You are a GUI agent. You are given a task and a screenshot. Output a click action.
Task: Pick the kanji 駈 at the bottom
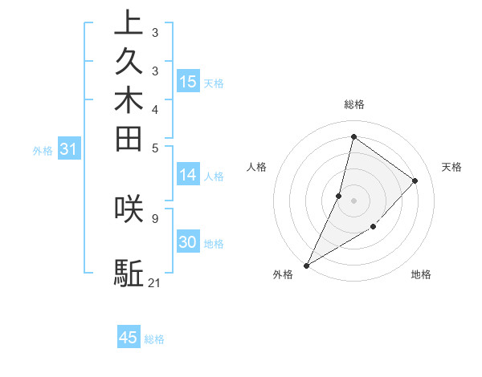[x=129, y=274]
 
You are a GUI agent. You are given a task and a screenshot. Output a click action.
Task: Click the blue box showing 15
[x=188, y=82]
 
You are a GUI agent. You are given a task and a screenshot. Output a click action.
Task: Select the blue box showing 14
[x=188, y=176]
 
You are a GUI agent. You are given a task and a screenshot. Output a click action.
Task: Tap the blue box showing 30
[x=188, y=243]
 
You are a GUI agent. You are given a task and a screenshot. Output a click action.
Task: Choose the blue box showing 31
[x=68, y=148]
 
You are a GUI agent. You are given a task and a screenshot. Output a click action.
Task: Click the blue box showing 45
[x=129, y=338]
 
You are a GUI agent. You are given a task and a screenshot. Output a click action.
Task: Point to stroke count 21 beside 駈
[x=155, y=282]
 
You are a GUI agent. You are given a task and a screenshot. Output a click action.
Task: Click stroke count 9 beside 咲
[x=154, y=217]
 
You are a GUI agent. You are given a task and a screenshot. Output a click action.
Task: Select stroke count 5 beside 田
[x=154, y=148]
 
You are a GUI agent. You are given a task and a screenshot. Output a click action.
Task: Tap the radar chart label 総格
[x=353, y=104]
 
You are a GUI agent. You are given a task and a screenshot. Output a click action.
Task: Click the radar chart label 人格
[x=257, y=167]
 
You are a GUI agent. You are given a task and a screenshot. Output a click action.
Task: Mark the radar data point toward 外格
[x=307, y=265]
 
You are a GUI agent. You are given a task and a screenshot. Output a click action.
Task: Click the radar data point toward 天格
[x=415, y=180]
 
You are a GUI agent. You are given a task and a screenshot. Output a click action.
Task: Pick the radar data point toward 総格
[x=353, y=136]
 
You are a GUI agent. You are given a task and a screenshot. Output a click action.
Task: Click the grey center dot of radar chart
[x=353, y=200]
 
